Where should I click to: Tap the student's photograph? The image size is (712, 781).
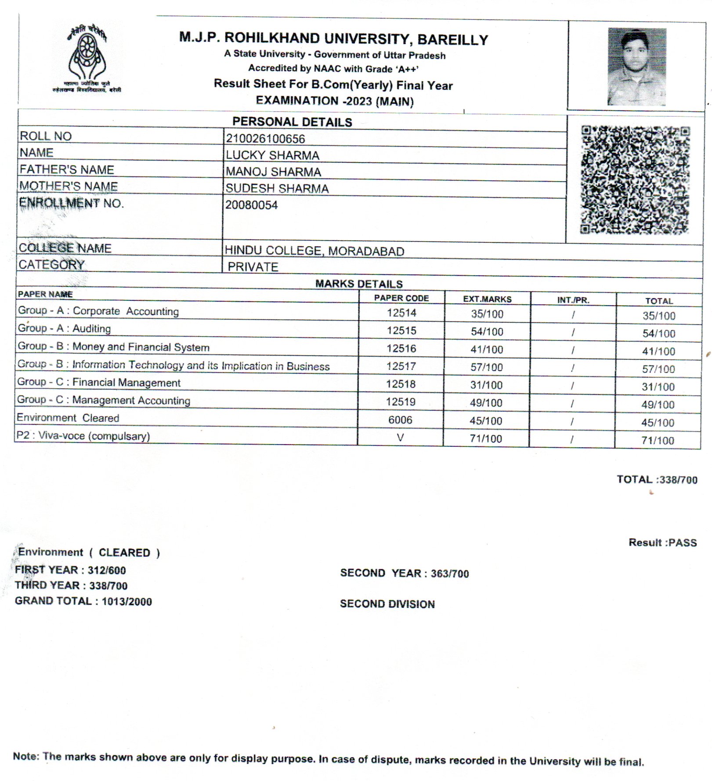click(x=636, y=66)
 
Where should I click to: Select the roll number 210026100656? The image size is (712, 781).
click(x=265, y=139)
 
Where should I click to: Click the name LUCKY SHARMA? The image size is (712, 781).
click(x=272, y=155)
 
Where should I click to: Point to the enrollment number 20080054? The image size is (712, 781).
click(x=252, y=205)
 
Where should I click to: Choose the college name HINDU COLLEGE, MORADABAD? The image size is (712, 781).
click(x=314, y=251)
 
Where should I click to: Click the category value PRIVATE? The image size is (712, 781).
click(x=253, y=267)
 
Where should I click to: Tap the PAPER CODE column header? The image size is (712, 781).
click(x=401, y=298)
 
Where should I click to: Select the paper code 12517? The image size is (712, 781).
click(x=401, y=366)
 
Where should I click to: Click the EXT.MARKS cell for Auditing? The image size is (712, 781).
click(x=487, y=332)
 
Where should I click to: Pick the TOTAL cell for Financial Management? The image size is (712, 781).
click(x=658, y=387)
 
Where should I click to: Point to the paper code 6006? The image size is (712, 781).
click(x=400, y=420)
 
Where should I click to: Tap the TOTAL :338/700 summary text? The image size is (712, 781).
click(x=657, y=479)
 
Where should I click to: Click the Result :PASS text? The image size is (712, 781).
click(x=662, y=543)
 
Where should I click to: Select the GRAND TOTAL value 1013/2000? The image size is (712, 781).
click(x=127, y=602)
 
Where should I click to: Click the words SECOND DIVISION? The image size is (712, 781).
click(x=387, y=604)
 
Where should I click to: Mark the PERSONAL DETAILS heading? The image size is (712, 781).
click(x=292, y=122)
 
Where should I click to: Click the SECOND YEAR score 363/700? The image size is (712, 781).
click(x=450, y=574)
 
